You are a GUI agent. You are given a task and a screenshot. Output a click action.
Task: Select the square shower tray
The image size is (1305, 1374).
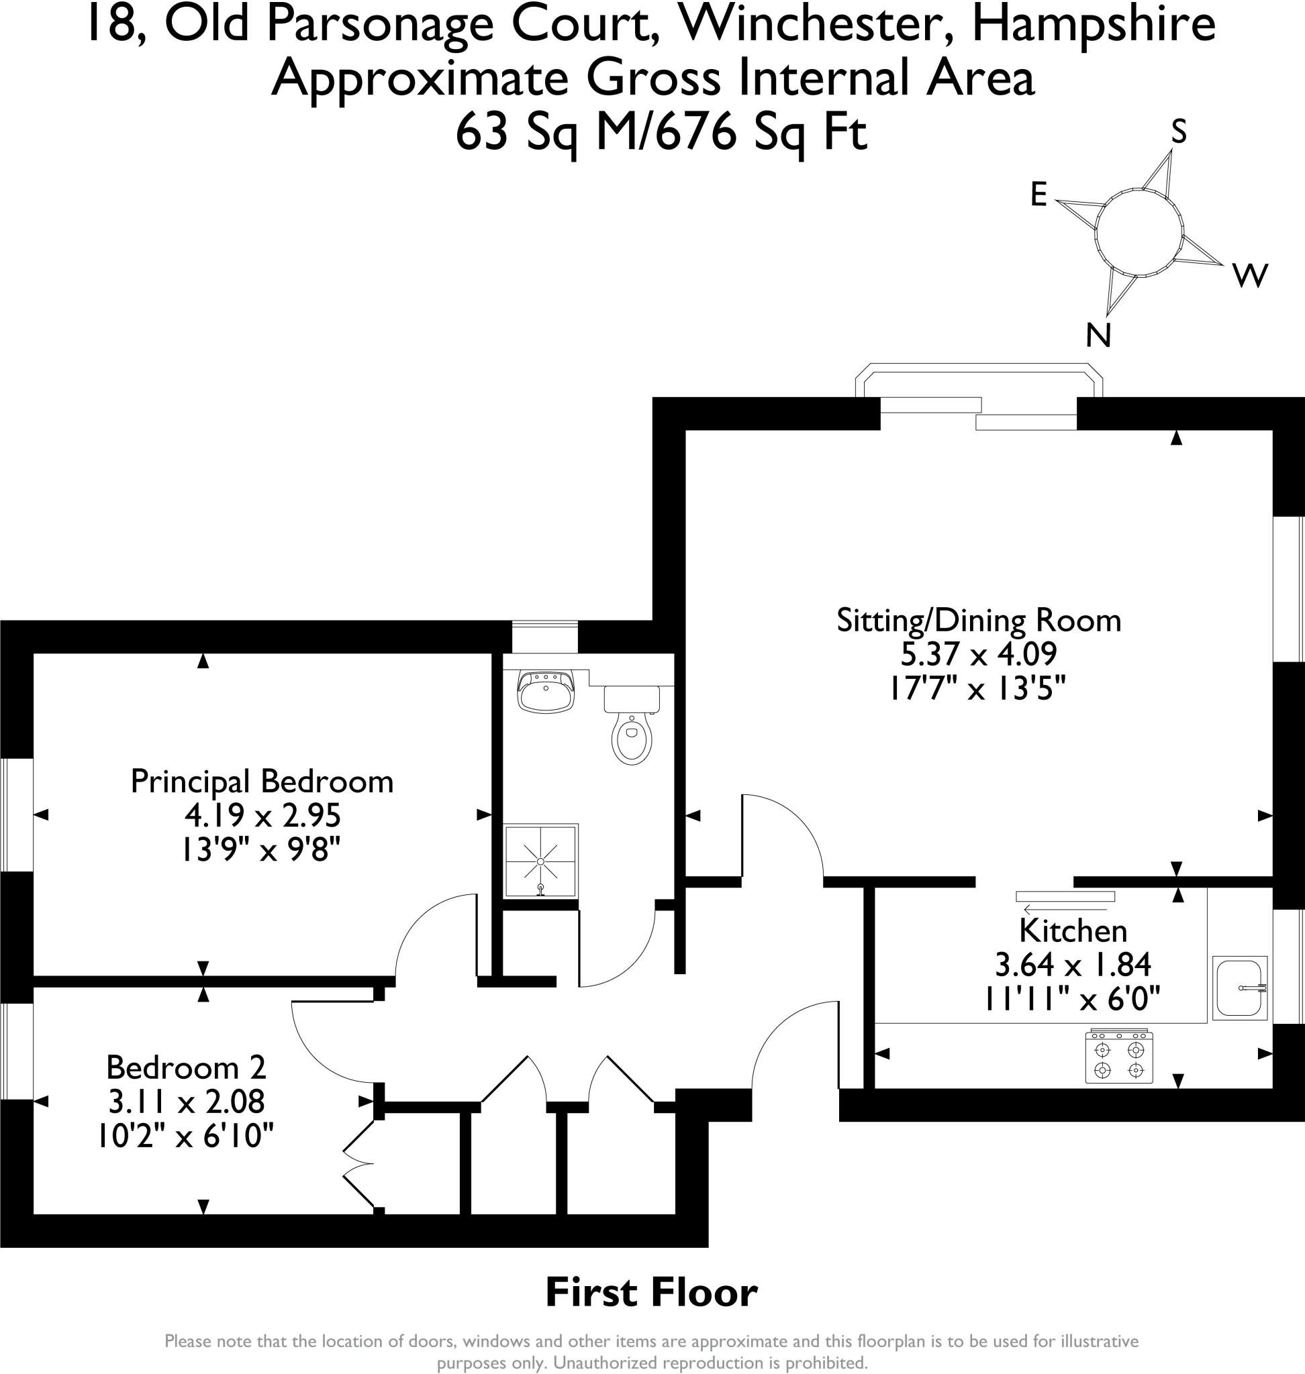[540, 861]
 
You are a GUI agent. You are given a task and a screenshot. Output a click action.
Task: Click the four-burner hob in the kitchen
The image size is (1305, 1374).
[1118, 1057]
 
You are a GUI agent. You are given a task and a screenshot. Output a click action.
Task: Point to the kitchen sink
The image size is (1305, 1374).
[1240, 988]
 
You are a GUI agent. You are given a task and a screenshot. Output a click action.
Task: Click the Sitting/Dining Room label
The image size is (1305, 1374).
[979, 621]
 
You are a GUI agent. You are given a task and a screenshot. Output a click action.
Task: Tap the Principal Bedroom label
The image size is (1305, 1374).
[262, 782]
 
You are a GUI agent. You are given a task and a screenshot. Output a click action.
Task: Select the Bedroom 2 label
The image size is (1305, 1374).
[186, 1067]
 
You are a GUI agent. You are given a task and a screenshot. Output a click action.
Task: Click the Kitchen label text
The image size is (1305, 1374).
[1073, 931]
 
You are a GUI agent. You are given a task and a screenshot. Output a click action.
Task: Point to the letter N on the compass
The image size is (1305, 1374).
[1098, 336]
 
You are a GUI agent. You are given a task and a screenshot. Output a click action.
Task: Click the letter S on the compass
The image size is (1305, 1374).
[1178, 131]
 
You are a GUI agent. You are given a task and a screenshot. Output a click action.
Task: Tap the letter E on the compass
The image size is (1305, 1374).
[1038, 195]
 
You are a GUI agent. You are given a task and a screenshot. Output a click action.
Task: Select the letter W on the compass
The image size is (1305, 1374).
[1250, 276]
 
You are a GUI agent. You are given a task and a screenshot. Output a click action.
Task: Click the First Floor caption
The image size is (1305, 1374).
[651, 1293]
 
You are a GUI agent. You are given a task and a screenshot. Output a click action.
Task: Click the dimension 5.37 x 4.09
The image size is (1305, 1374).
[979, 654]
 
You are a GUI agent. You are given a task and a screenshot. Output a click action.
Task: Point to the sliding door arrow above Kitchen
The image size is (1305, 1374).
[1064, 909]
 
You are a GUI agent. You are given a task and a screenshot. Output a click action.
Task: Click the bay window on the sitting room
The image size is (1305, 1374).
[979, 381]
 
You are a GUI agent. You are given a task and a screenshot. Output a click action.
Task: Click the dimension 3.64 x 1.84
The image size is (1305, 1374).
[1073, 965]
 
